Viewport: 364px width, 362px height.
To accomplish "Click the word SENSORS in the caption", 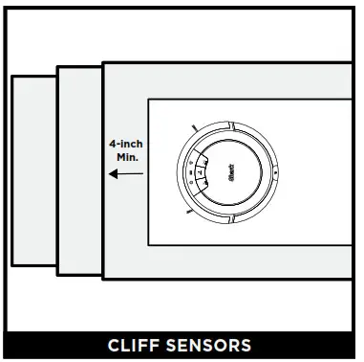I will [x=214, y=345].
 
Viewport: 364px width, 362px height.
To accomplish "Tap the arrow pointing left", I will [x=126, y=174].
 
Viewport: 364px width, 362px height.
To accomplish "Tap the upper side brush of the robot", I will [x=194, y=128].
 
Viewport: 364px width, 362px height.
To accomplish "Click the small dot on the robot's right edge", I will [x=275, y=172].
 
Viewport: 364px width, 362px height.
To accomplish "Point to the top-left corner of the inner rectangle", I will [x=148, y=99].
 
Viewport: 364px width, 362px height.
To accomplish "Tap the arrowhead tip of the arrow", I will [x=110, y=174].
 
